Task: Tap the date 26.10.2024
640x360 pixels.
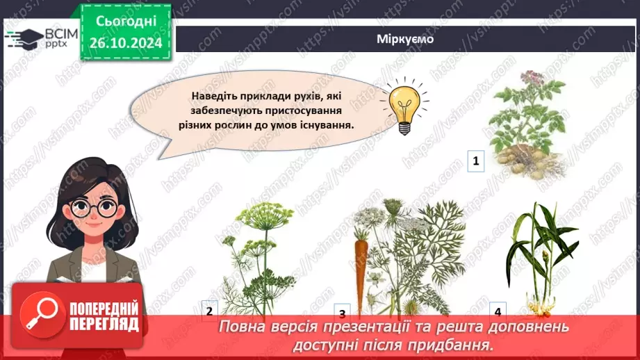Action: pyautogui.click(x=125, y=43)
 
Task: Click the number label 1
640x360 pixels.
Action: pyautogui.click(x=476, y=162)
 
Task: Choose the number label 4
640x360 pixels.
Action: pyautogui.click(x=498, y=311)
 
